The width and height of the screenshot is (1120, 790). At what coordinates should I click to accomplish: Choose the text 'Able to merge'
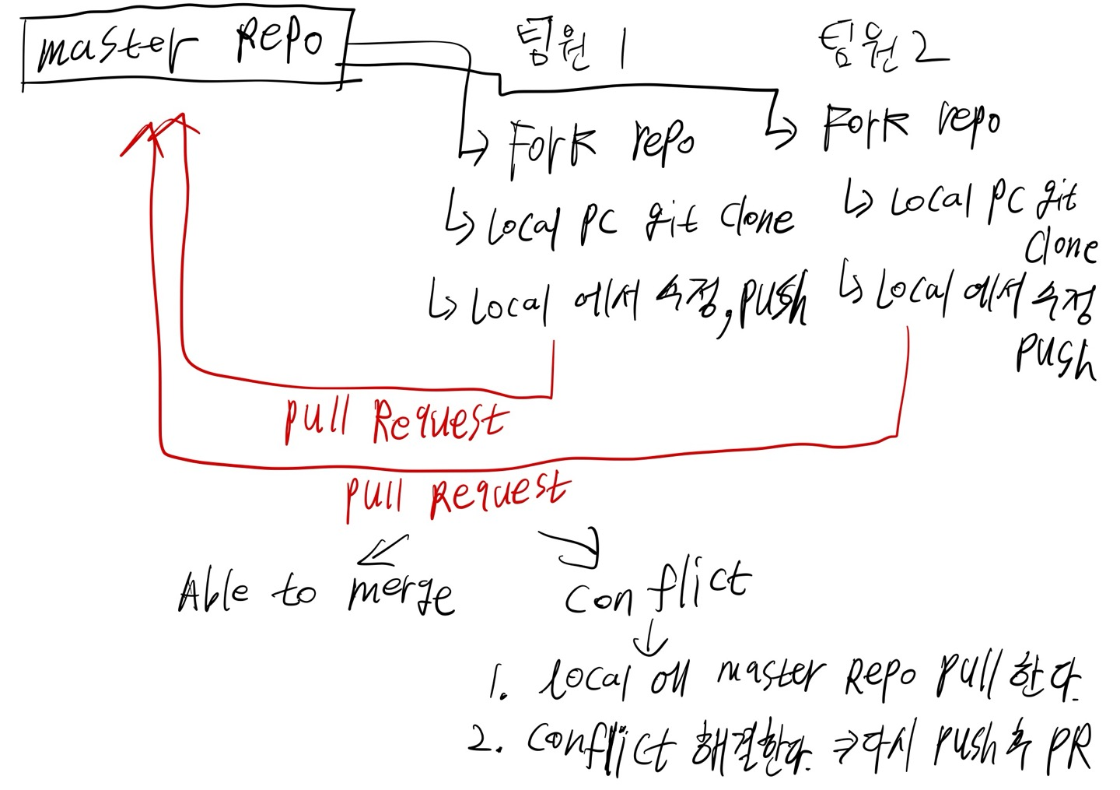click(315, 593)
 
